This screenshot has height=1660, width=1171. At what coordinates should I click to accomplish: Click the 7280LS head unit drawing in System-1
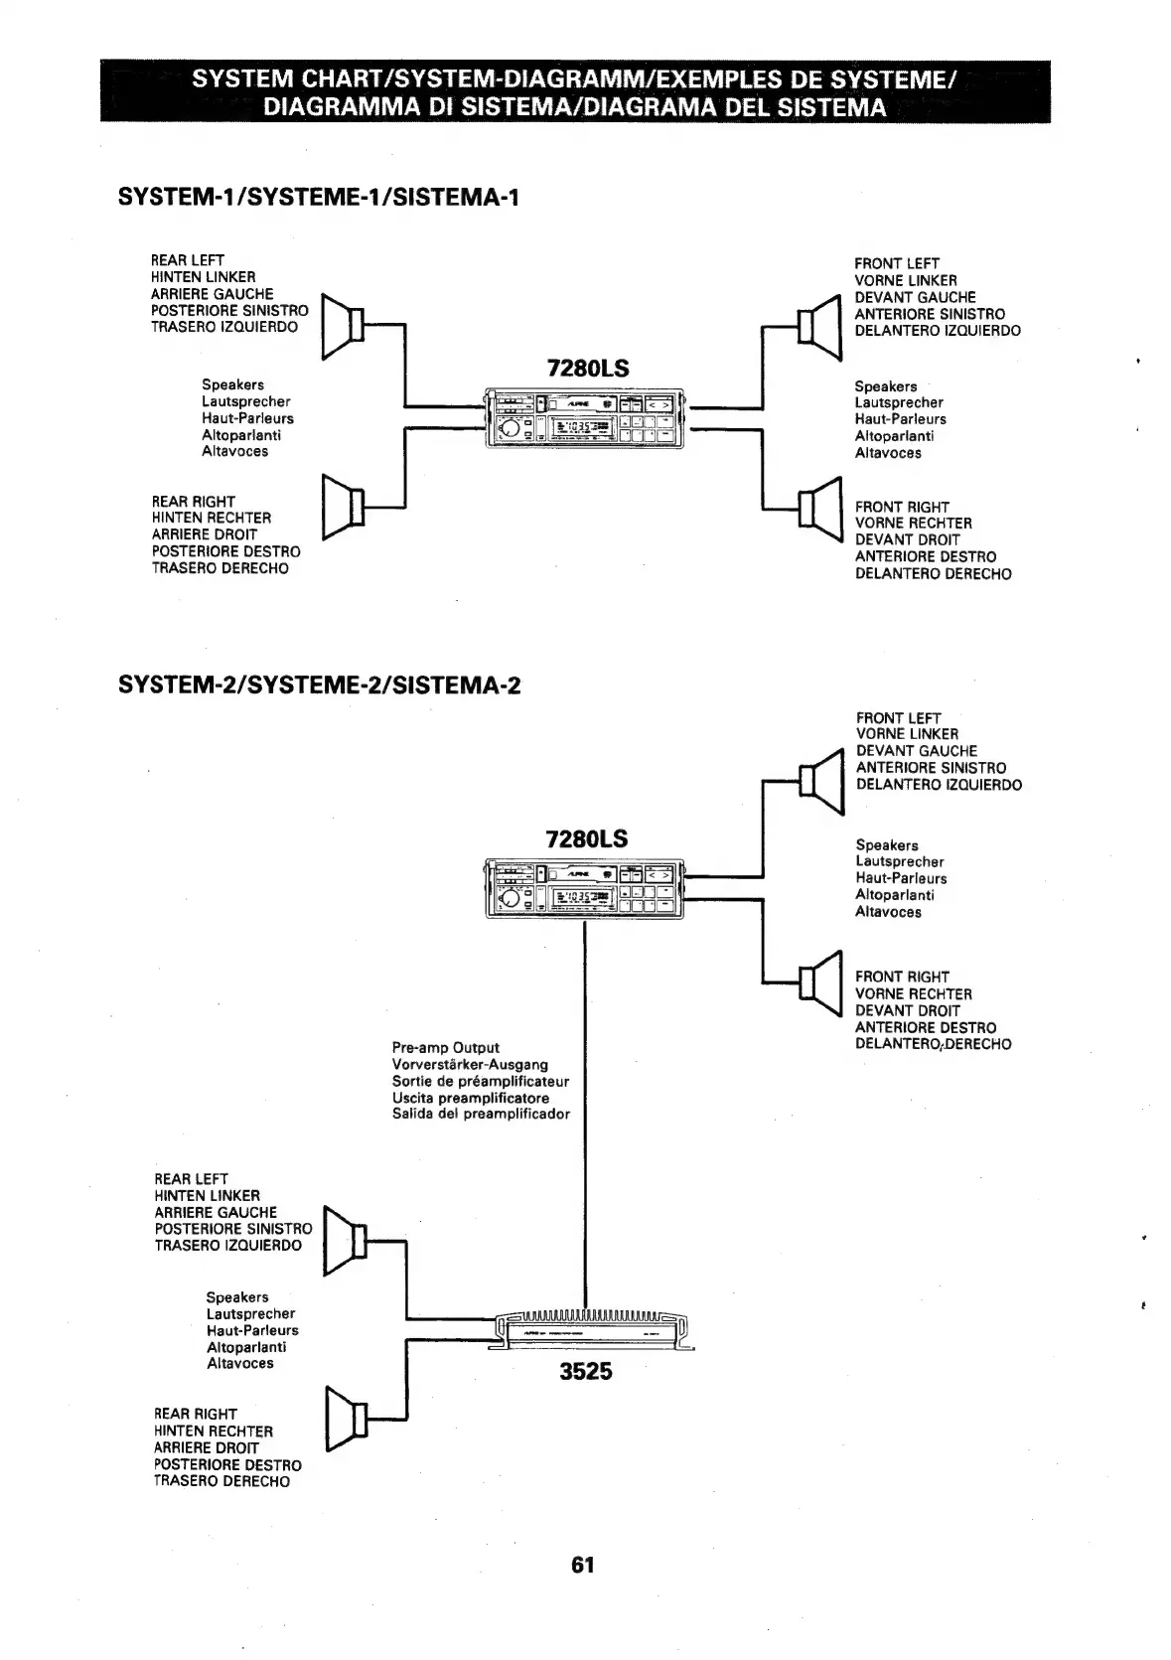(x=584, y=417)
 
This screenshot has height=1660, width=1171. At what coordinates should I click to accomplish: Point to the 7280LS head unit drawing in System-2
(x=584, y=888)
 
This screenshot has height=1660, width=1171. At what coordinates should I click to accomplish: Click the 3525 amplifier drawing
(x=592, y=1327)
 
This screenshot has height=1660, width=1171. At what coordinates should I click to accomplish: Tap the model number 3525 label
(x=586, y=1372)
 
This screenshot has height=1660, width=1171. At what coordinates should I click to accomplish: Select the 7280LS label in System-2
(x=587, y=839)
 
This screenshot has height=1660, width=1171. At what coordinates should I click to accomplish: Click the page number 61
(x=583, y=1565)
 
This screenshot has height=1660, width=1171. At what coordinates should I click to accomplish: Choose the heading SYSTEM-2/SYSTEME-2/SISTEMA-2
(x=319, y=685)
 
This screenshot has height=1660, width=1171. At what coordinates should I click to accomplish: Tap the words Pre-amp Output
(x=446, y=1048)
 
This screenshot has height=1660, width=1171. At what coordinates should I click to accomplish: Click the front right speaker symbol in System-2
(x=821, y=983)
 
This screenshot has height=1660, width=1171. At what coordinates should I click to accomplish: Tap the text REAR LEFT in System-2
(x=192, y=1179)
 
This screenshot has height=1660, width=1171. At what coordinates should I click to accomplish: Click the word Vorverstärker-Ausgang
(x=470, y=1065)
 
